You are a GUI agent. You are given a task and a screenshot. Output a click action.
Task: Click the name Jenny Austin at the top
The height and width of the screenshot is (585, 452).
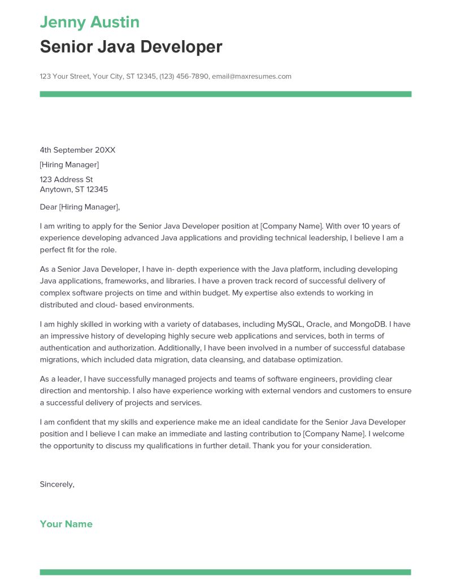(89, 23)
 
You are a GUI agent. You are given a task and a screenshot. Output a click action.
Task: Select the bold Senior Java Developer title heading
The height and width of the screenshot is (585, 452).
(131, 47)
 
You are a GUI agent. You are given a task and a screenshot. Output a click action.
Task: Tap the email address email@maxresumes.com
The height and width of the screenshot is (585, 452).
(251, 76)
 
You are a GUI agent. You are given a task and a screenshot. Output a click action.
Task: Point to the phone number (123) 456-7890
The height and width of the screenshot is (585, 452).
(184, 76)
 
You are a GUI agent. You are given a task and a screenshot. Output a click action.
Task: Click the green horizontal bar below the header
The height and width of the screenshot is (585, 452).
(225, 94)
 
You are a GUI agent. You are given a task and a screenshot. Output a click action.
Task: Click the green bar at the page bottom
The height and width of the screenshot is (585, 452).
(225, 572)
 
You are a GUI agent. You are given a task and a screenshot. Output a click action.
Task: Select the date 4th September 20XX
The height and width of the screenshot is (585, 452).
(77, 150)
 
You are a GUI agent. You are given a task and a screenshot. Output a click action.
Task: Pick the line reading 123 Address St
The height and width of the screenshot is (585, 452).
(66, 180)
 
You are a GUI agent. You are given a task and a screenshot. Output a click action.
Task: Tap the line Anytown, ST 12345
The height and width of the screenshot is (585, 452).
(73, 189)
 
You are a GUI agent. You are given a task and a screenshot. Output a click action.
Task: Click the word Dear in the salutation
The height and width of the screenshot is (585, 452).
(49, 207)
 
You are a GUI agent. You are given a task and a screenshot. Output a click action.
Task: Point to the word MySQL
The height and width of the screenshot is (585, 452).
(290, 324)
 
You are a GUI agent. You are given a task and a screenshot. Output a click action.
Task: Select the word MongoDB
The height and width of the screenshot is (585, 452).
(368, 324)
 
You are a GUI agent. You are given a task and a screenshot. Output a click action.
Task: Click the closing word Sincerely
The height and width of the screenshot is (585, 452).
(56, 484)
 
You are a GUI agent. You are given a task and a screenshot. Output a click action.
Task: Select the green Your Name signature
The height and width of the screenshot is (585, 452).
(66, 524)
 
